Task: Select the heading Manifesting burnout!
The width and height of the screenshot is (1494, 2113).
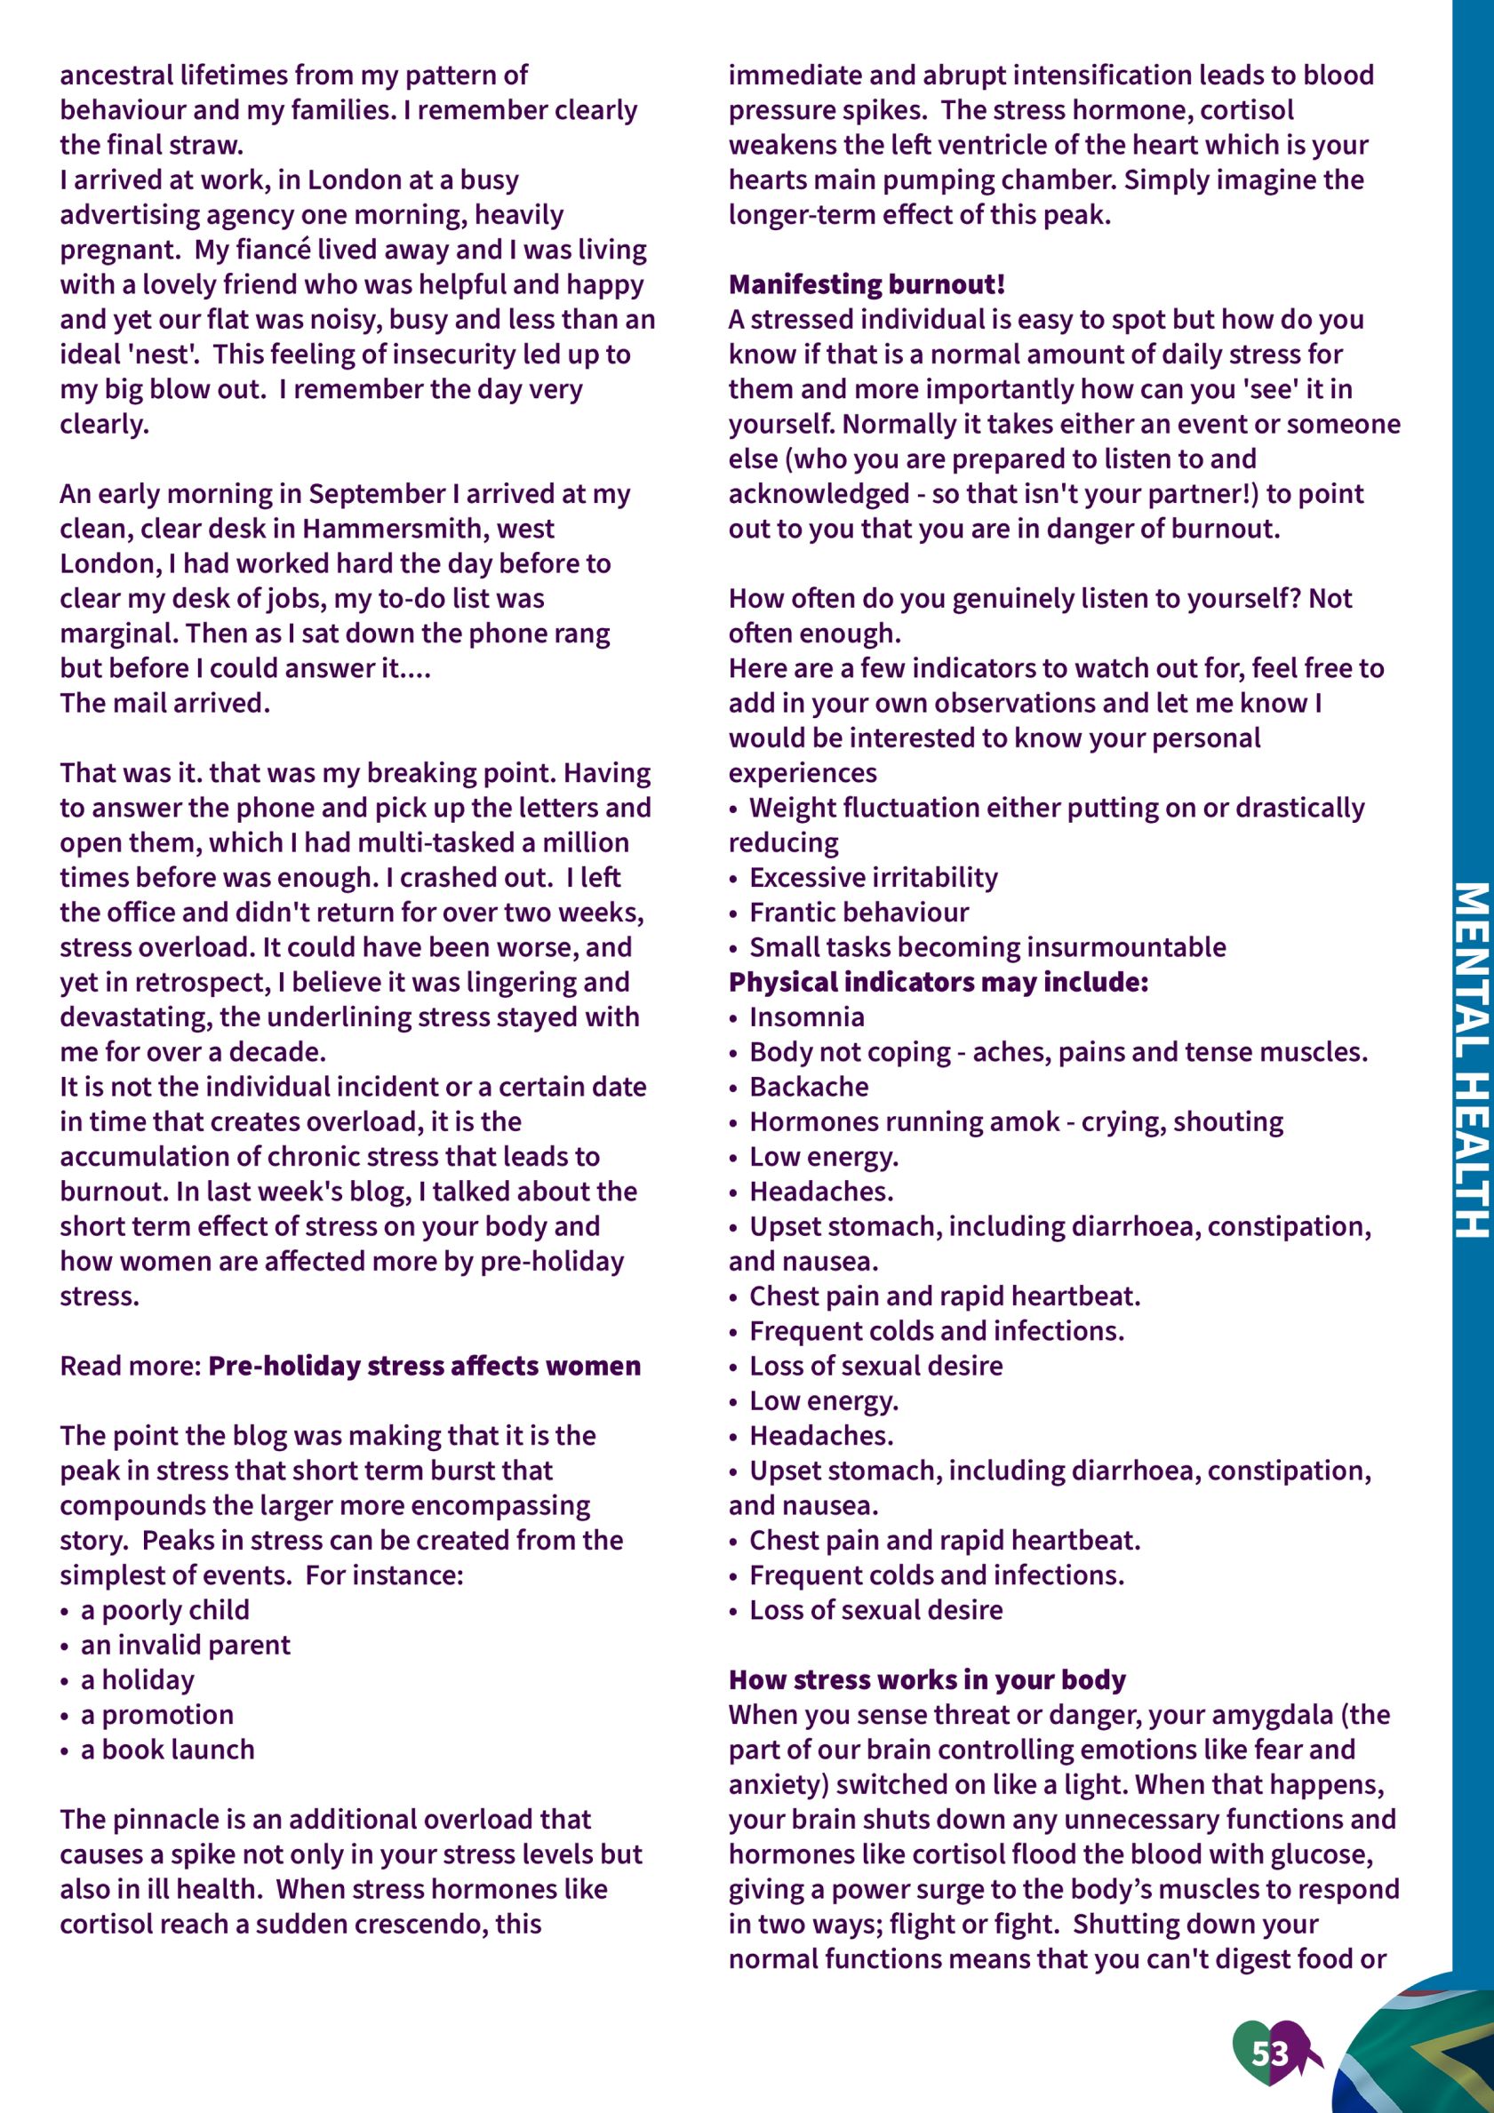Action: (x=867, y=284)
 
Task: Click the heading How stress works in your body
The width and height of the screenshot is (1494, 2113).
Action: (x=927, y=1679)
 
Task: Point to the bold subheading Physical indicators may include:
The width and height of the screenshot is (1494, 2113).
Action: (x=938, y=982)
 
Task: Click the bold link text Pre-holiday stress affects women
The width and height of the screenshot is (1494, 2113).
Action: (x=424, y=1366)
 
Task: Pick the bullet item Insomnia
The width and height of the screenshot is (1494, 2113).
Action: (x=806, y=1017)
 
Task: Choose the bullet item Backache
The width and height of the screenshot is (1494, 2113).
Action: (x=808, y=1087)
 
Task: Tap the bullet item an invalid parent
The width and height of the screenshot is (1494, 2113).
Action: (x=185, y=1645)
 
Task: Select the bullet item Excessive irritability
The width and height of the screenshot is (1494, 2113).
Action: (x=873, y=877)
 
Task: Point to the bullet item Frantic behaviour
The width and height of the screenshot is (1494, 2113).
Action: (x=859, y=912)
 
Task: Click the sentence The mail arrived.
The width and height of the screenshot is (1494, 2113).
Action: (x=164, y=703)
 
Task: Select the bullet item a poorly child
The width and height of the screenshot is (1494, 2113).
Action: (x=164, y=1609)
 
